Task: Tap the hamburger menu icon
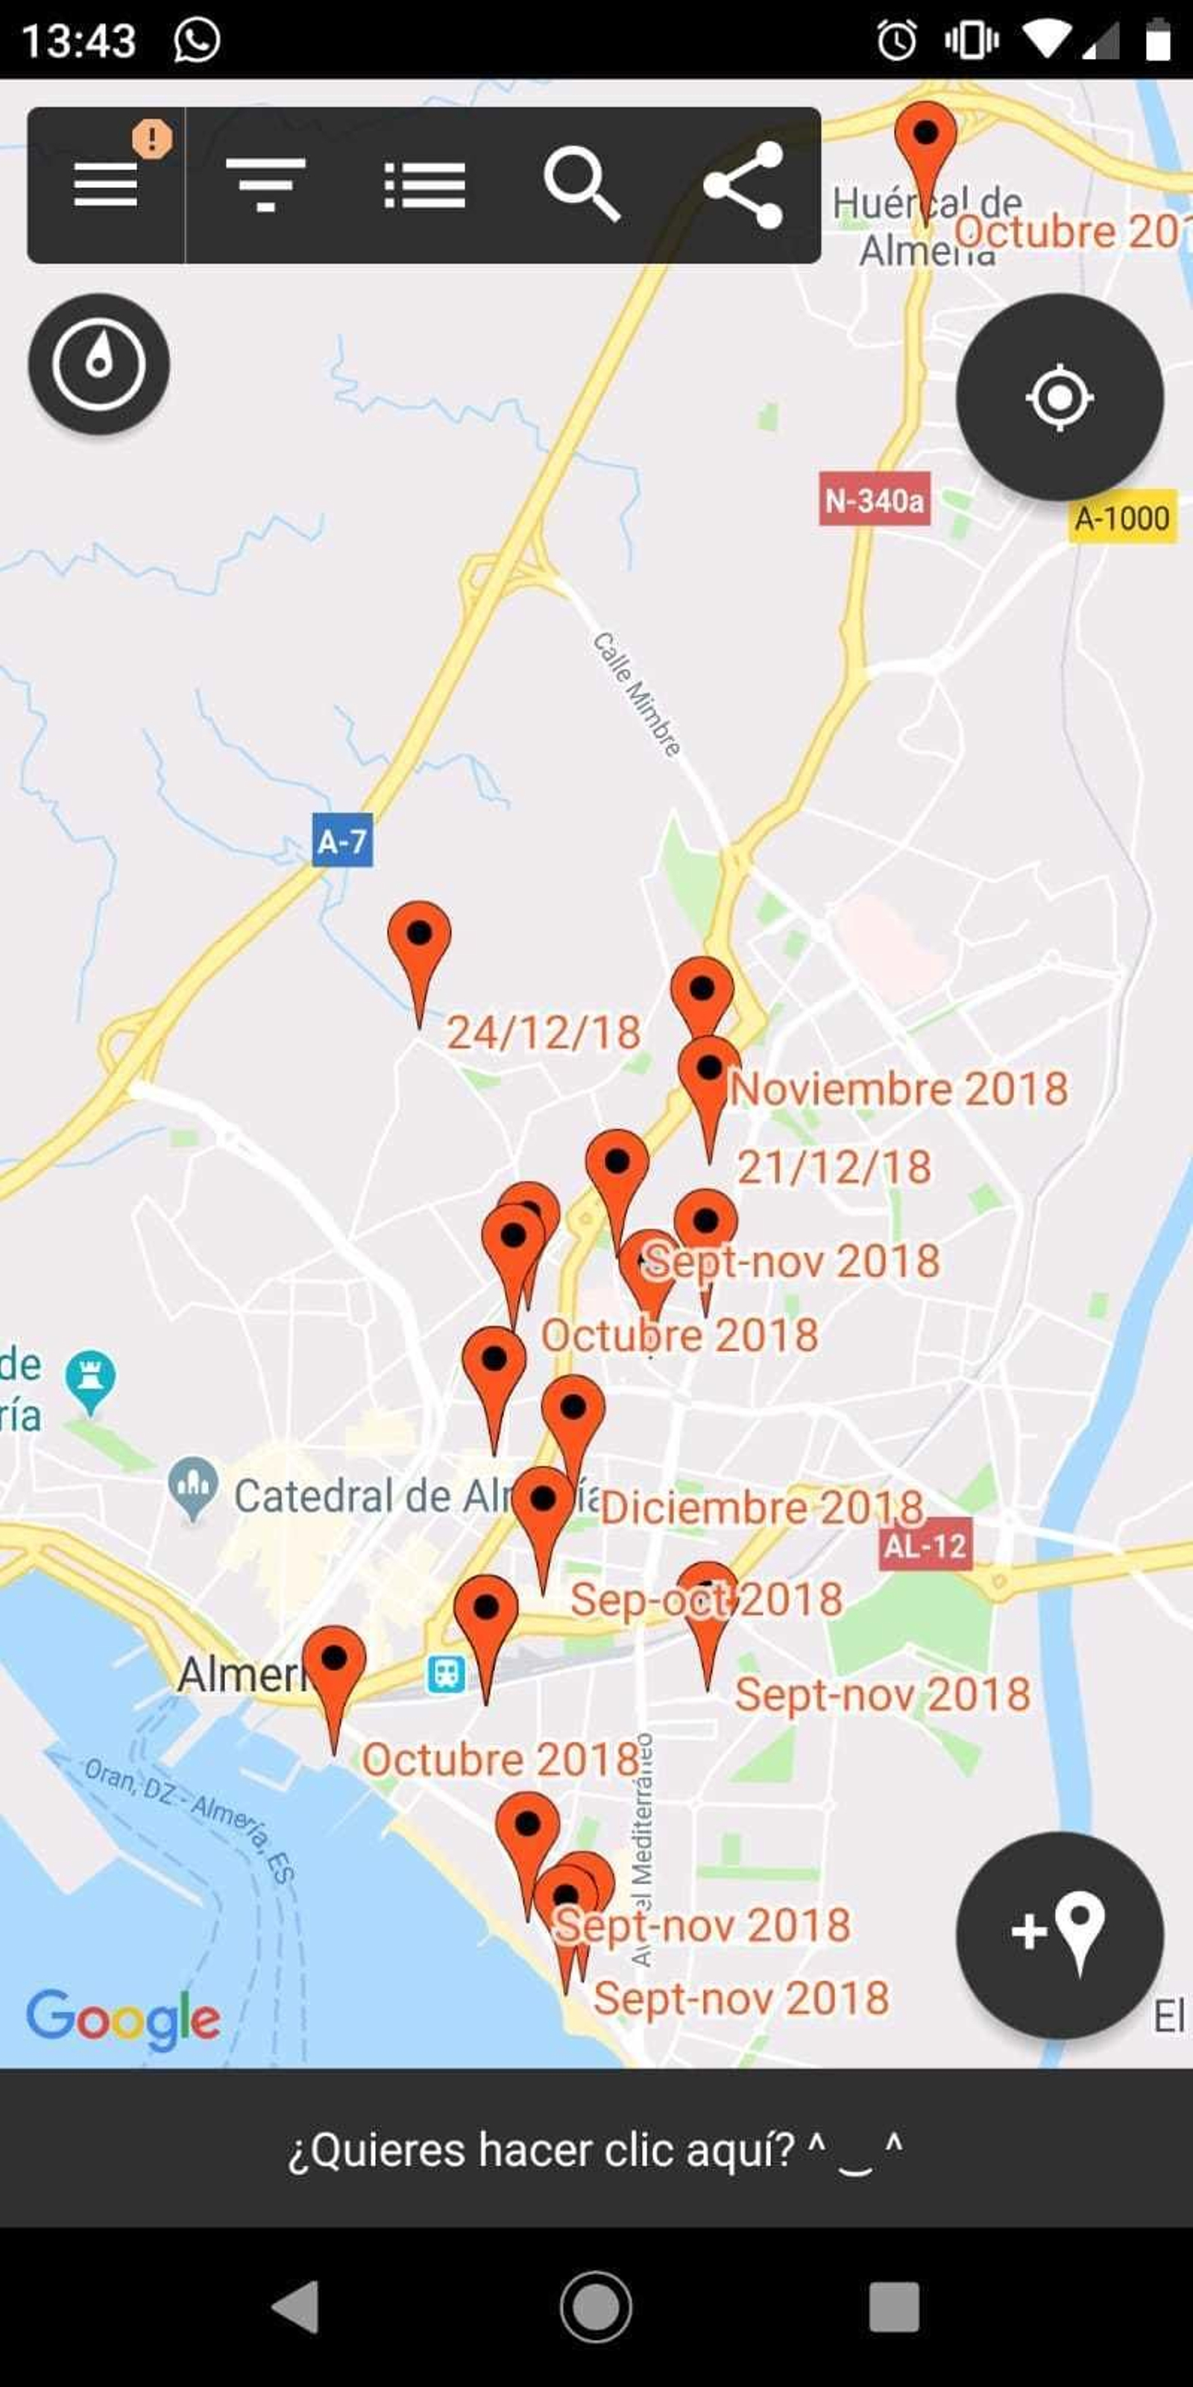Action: click(x=106, y=184)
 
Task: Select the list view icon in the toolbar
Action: click(x=424, y=185)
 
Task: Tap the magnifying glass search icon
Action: click(x=582, y=184)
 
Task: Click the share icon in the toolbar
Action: click(x=744, y=184)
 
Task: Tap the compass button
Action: click(x=99, y=363)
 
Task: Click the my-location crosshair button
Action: click(x=1059, y=398)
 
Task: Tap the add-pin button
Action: click(x=1059, y=1935)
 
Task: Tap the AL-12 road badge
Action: click(x=925, y=1545)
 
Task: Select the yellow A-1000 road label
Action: click(x=1121, y=518)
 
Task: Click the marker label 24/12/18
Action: click(x=544, y=1032)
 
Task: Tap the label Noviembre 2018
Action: click(x=898, y=1089)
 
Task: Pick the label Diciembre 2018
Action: click(x=761, y=1508)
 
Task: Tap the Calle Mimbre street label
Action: click(x=638, y=693)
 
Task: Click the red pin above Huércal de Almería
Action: click(x=925, y=137)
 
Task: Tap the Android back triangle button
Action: click(x=297, y=2306)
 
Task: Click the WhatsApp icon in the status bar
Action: click(x=196, y=40)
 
